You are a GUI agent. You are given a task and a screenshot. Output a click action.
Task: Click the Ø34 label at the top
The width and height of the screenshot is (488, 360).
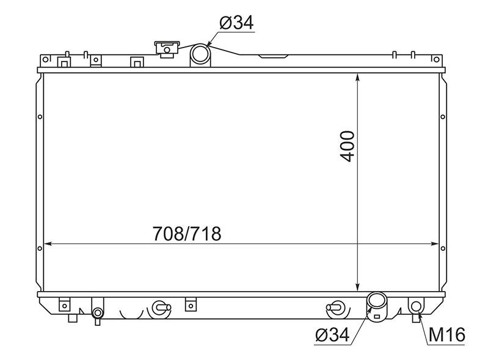point(237,23)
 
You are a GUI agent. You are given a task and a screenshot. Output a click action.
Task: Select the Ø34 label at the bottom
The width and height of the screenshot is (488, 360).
point(332,335)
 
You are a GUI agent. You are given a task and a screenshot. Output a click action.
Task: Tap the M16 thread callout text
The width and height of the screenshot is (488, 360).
point(446,335)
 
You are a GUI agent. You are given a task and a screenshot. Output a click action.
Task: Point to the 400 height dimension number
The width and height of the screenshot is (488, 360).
point(348,146)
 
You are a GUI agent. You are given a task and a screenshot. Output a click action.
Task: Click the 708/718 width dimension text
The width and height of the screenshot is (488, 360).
point(187,234)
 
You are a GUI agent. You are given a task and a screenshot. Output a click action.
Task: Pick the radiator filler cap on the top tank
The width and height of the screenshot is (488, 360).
point(167,49)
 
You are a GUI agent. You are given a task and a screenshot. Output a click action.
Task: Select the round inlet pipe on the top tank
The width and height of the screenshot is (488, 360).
point(200,54)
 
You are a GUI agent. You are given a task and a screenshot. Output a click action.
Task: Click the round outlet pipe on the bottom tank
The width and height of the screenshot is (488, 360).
point(377,301)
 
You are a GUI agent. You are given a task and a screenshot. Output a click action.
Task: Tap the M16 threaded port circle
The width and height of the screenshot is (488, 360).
point(416,306)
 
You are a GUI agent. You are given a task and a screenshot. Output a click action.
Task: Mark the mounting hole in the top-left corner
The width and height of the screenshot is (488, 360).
point(45,59)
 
